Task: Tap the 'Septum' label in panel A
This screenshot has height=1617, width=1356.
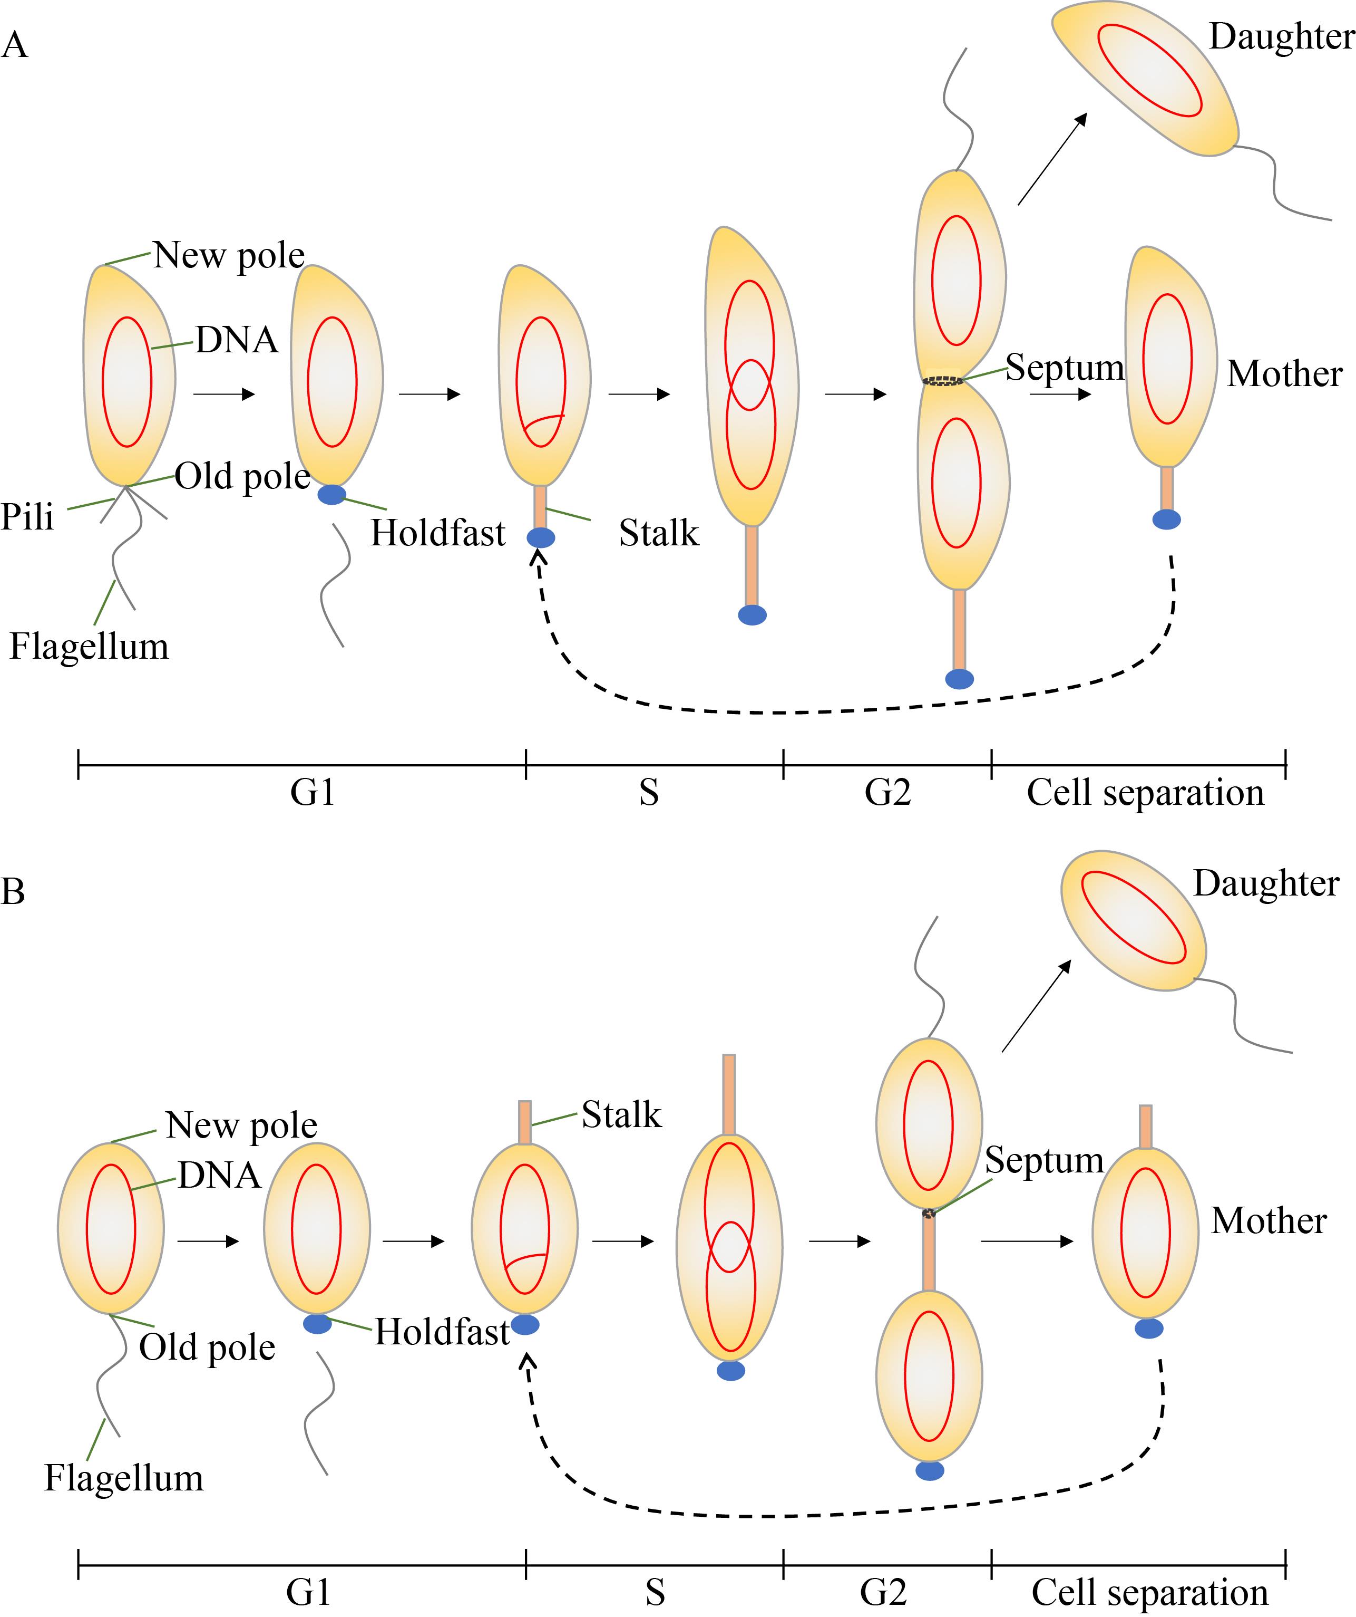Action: [x=1065, y=367]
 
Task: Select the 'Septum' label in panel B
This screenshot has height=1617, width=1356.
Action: [x=1045, y=1160]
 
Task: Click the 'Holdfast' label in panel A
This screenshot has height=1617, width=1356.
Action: [x=438, y=533]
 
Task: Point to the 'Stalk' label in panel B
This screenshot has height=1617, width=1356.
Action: [x=621, y=1114]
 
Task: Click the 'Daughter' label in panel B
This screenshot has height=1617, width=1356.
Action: [x=1266, y=883]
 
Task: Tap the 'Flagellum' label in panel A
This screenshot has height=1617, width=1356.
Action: [x=89, y=647]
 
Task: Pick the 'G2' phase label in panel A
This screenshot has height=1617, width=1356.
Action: [x=887, y=792]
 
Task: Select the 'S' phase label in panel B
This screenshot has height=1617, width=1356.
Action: [x=655, y=1592]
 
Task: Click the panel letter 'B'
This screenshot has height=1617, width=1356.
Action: [x=13, y=892]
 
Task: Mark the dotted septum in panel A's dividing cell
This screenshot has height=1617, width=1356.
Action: [x=943, y=380]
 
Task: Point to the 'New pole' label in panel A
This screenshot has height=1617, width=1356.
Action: [x=229, y=255]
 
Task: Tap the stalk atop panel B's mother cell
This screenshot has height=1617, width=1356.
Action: [x=1146, y=1127]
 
